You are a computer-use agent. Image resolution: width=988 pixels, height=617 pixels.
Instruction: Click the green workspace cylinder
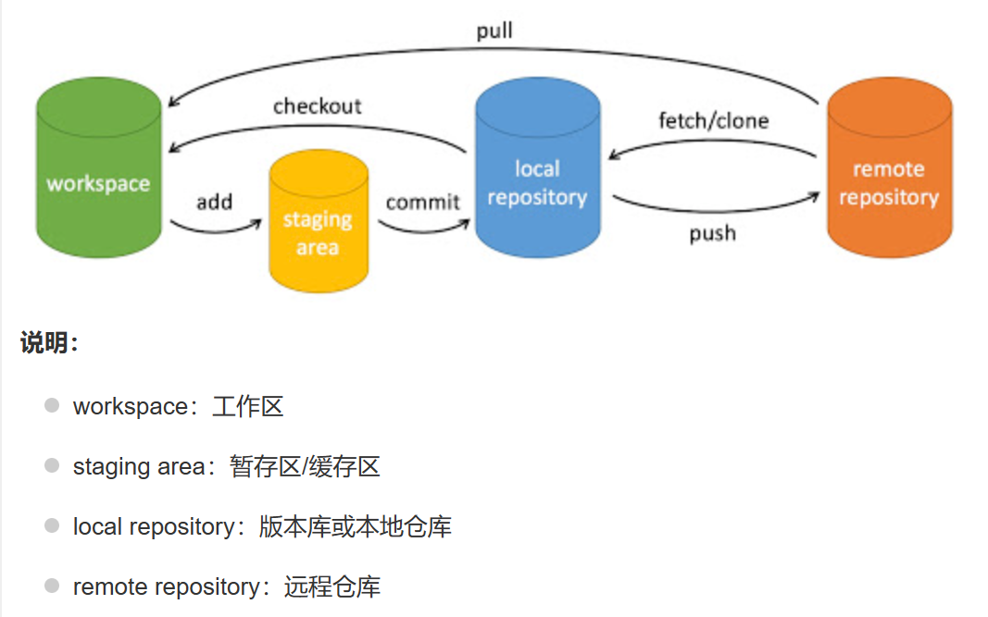(x=98, y=171)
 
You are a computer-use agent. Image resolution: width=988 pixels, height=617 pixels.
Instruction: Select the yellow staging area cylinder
(x=318, y=227)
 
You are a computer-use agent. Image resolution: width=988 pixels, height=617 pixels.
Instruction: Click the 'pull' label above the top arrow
(x=494, y=31)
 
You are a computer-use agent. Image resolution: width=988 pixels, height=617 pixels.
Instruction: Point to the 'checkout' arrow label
(x=317, y=106)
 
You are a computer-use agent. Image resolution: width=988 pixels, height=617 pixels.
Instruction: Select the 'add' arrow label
(x=214, y=202)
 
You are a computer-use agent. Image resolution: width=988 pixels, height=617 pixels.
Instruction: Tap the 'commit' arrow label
(x=422, y=202)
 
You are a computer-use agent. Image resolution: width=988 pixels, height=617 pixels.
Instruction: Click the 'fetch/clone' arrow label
(x=713, y=121)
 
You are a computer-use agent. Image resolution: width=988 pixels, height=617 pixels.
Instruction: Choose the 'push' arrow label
(x=712, y=233)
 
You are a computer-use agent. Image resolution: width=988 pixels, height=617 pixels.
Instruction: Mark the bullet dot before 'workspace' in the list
(x=52, y=405)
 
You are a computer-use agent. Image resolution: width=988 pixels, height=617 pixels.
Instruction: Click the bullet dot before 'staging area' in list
(x=52, y=466)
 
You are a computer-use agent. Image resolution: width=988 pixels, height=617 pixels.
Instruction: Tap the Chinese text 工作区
(x=247, y=406)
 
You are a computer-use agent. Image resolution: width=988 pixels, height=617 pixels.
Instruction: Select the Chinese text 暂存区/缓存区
(x=305, y=467)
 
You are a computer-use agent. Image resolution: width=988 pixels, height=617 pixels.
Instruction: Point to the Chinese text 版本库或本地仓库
(x=355, y=527)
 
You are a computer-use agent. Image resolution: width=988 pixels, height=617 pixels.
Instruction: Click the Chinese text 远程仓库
(x=332, y=587)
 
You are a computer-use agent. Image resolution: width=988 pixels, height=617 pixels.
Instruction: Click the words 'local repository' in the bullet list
(x=154, y=527)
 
